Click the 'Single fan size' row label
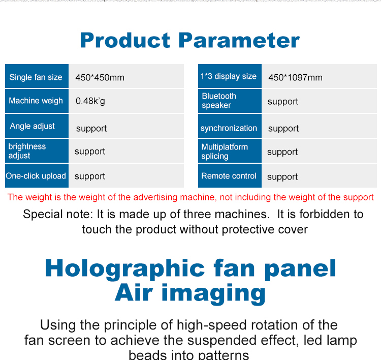click(x=36, y=77)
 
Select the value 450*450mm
click(x=100, y=78)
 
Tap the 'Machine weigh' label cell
click(x=36, y=101)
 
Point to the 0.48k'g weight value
click(x=90, y=101)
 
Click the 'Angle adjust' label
click(x=33, y=126)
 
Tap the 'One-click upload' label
click(x=36, y=175)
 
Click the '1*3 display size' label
click(x=229, y=76)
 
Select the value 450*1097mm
click(x=296, y=78)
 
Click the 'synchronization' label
click(x=229, y=128)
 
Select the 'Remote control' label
click(x=229, y=175)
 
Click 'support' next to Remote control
click(x=282, y=177)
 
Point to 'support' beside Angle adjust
click(x=91, y=129)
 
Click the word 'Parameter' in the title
click(x=239, y=40)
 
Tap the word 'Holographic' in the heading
click(x=125, y=269)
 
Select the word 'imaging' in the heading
click(x=213, y=293)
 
